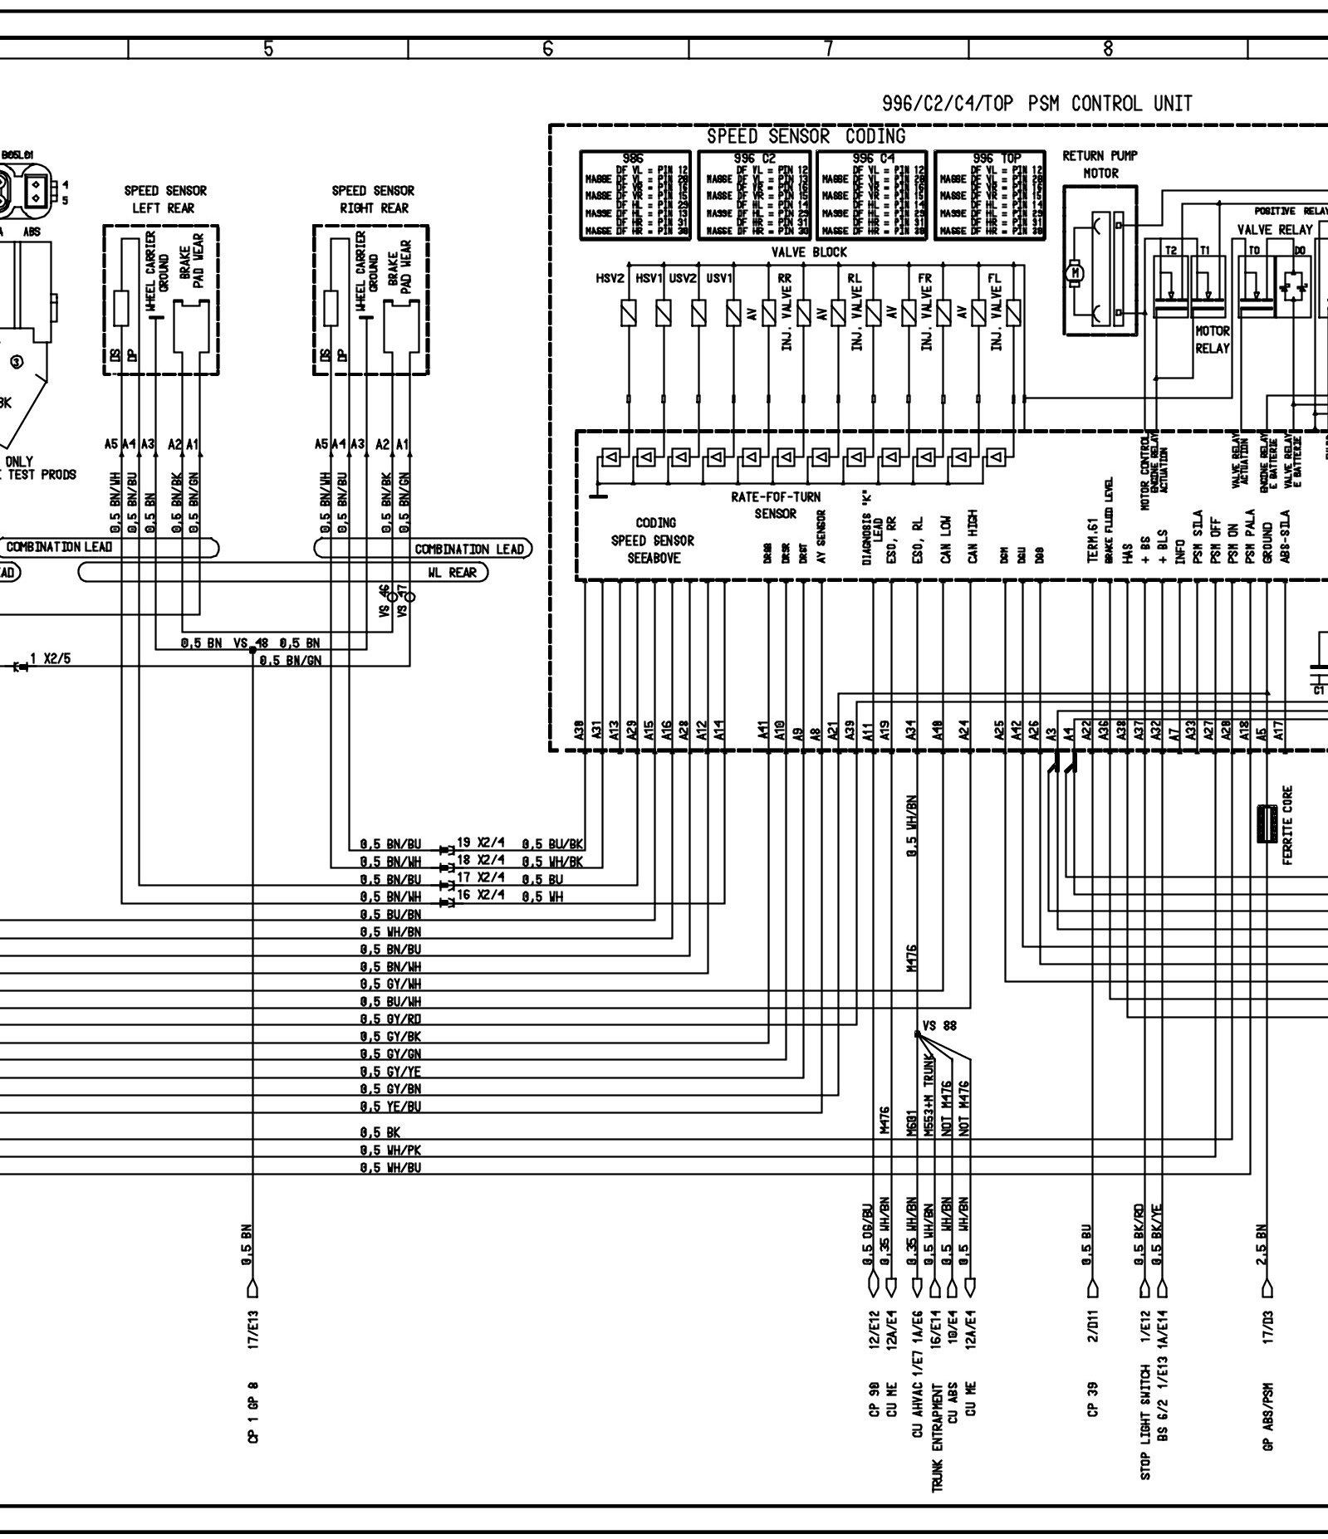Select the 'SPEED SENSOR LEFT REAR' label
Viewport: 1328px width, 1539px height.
pos(165,199)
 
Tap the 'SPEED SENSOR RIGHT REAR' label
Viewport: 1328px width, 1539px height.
pos(373,199)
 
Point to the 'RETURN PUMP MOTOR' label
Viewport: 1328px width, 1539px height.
pos(1100,164)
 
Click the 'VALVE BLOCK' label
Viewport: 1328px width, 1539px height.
pos(809,252)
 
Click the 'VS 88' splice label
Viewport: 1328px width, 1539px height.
pos(940,1025)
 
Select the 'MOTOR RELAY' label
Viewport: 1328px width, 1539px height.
pos(1212,340)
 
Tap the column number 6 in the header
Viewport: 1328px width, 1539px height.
pos(548,49)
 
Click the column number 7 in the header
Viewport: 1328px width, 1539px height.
pos(828,49)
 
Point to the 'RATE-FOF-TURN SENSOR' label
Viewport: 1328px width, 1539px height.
pos(775,505)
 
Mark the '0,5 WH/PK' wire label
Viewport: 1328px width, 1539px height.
pos(390,1150)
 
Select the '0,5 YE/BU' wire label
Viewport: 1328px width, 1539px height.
pos(390,1107)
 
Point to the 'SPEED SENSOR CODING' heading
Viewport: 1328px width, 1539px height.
pos(806,136)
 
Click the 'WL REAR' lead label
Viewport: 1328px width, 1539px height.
pos(452,573)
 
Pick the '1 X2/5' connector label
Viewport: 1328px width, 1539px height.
pos(51,659)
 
